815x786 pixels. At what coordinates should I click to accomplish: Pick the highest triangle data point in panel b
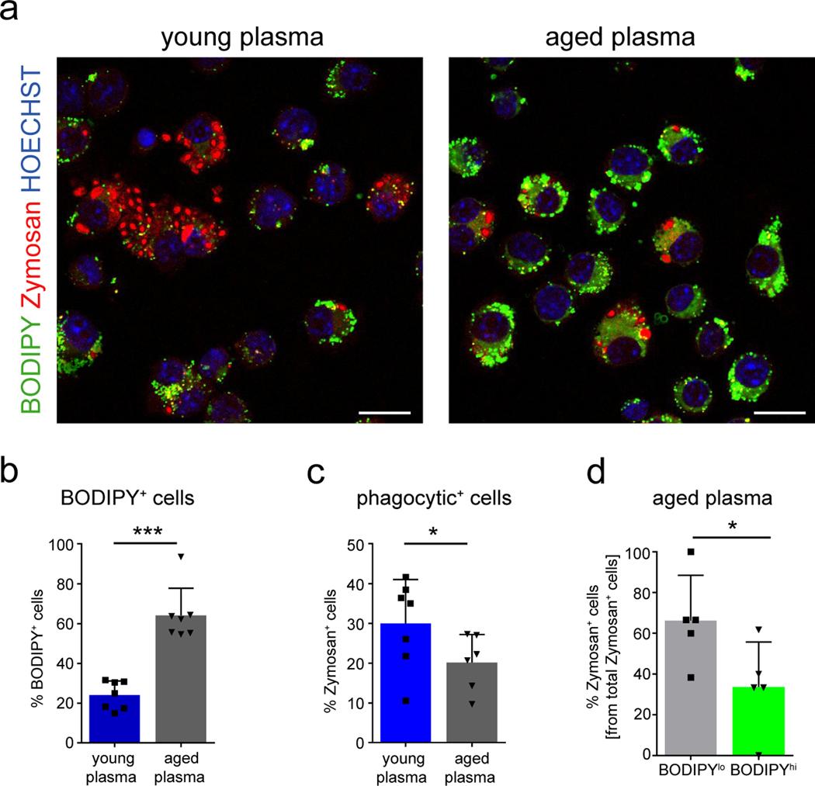[x=181, y=556]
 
